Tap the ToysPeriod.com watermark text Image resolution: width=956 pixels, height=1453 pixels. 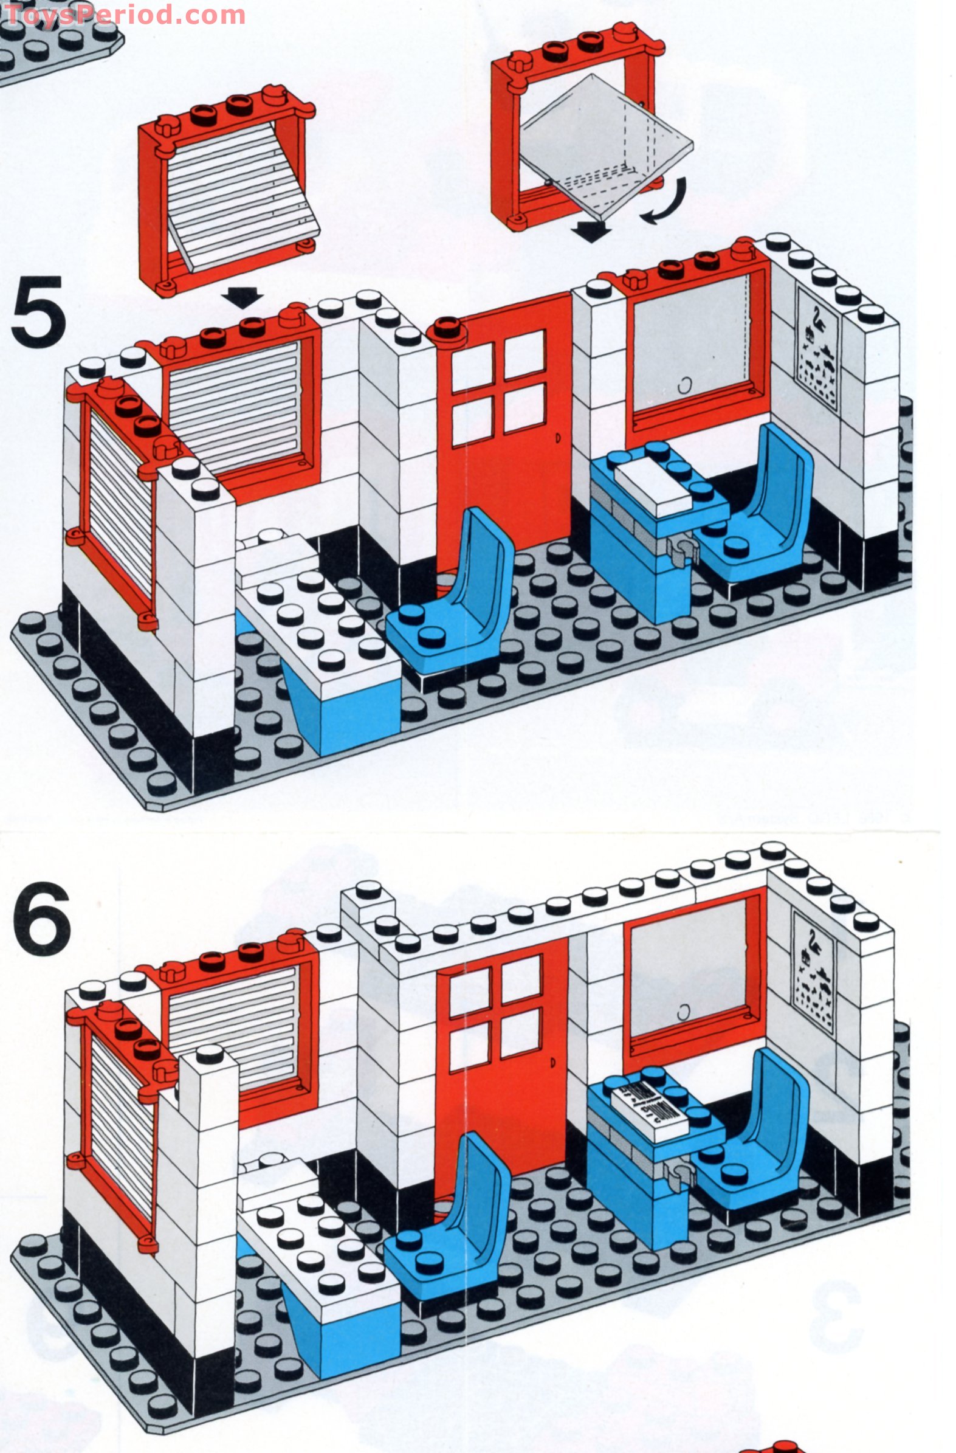122,15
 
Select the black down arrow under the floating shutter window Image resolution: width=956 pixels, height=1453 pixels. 242,298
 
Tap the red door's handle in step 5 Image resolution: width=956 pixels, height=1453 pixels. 557,438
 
